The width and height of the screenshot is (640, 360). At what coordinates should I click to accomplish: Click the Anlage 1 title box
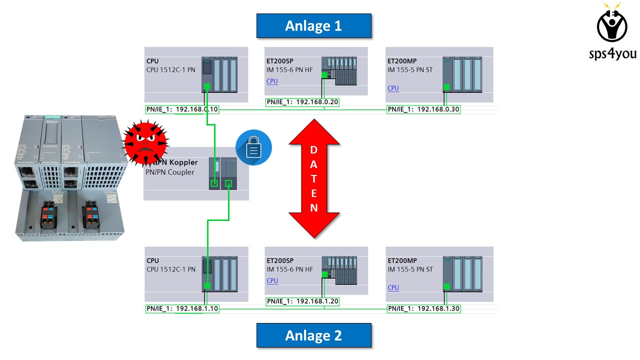coord(313,26)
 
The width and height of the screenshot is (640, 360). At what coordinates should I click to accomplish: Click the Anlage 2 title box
coord(313,335)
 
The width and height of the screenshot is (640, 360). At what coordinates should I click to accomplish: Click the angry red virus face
coord(145,144)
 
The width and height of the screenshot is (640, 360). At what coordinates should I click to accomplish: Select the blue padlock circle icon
coord(254,148)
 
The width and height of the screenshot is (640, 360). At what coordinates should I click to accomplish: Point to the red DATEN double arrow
coord(314,178)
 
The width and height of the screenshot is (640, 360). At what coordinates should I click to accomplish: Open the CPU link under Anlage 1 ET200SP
coord(272,81)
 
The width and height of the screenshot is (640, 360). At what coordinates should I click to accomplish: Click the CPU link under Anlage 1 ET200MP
coord(393,88)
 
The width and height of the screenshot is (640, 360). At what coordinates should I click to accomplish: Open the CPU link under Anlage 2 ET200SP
coord(272,280)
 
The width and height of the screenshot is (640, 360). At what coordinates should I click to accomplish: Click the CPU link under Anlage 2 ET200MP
coord(393,287)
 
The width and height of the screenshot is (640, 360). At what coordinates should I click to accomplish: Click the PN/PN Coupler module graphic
coord(223,173)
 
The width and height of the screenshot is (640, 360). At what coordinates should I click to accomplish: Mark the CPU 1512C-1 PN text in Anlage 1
coord(171,69)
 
